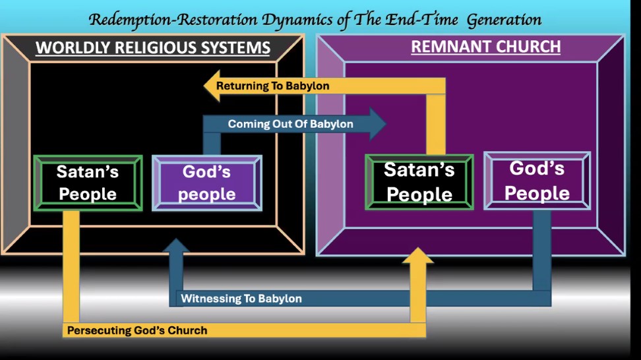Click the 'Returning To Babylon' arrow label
click(272, 86)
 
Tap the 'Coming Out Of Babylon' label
click(290, 124)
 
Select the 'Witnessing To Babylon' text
click(241, 299)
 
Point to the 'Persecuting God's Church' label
click(137, 330)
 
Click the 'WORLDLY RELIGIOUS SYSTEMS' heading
click(153, 47)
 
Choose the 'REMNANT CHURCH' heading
click(485, 46)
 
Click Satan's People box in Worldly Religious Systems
click(88, 183)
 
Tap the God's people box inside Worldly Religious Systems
click(207, 183)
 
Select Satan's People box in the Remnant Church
click(419, 182)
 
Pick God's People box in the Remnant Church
click(537, 181)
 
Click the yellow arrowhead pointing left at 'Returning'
click(212, 86)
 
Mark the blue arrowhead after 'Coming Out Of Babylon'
click(378, 124)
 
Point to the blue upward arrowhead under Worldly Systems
click(176, 245)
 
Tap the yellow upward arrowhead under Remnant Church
click(418, 255)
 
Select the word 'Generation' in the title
click(504, 20)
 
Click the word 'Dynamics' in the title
click(297, 20)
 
